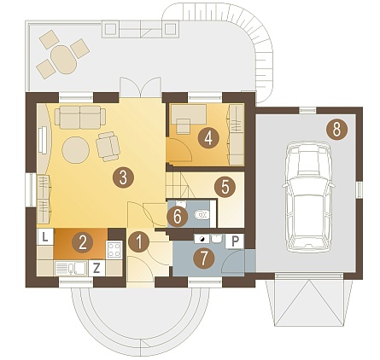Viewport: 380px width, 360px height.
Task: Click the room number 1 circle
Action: tap(139, 242)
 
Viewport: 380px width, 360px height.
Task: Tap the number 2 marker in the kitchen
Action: tap(83, 243)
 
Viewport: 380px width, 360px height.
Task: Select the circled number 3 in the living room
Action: tap(123, 177)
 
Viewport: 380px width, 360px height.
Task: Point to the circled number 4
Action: tap(208, 138)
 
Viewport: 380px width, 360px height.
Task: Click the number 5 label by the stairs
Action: tap(225, 187)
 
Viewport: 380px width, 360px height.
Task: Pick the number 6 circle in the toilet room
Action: tap(178, 217)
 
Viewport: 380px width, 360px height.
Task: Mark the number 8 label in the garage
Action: tap(336, 130)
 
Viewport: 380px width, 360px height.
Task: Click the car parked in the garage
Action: tap(308, 197)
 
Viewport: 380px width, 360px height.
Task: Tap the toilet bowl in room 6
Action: tap(202, 214)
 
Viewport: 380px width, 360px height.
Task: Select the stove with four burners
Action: tap(114, 250)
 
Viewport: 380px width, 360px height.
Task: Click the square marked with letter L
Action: tap(45, 237)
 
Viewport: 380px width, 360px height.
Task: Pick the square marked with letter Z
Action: tap(96, 268)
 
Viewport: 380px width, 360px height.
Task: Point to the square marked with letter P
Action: tap(235, 241)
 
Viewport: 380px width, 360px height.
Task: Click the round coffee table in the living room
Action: tap(76, 150)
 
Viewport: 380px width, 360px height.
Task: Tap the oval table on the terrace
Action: tap(64, 60)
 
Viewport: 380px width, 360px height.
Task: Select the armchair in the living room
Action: tap(108, 146)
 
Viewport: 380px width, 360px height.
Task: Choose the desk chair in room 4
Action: tap(183, 126)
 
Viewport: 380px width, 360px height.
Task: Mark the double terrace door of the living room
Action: tap(140, 87)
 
